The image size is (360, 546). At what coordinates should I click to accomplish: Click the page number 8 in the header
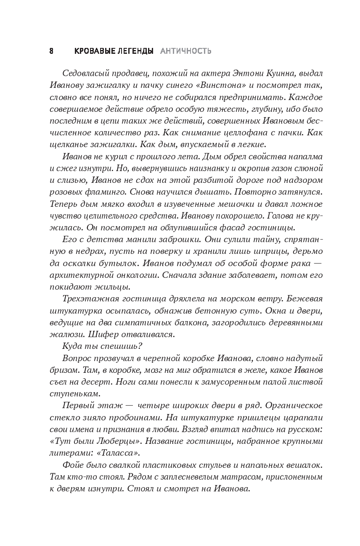(x=51, y=51)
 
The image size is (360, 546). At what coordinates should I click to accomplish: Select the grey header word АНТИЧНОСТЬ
(x=185, y=51)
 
